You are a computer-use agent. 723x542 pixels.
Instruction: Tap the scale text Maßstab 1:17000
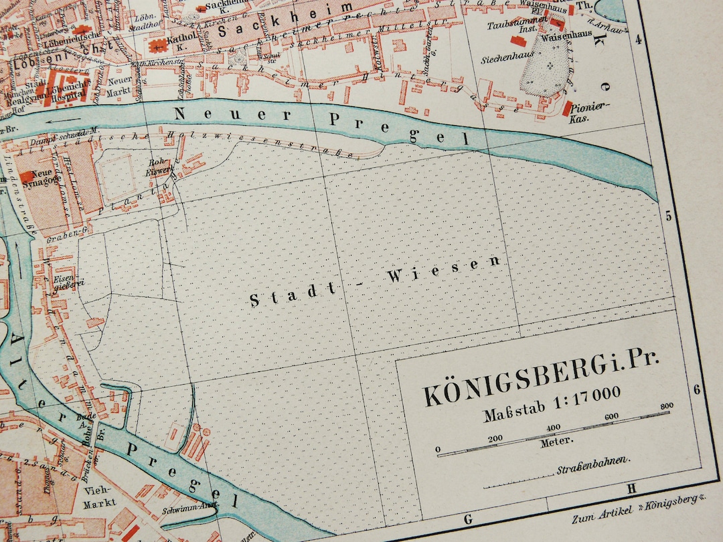click(x=552, y=405)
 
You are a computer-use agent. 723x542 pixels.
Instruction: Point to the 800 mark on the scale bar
click(x=665, y=405)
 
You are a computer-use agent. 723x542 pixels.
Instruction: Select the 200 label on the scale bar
click(x=495, y=438)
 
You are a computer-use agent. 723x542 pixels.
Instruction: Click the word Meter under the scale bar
click(x=557, y=441)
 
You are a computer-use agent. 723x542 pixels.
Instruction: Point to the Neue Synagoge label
click(x=45, y=177)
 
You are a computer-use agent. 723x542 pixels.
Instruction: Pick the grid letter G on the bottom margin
click(x=467, y=519)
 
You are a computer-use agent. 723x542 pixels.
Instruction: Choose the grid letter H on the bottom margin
click(x=630, y=489)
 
